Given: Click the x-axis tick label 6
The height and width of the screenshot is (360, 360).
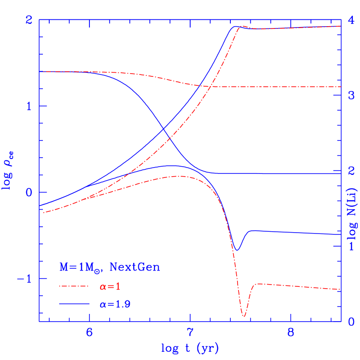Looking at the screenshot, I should click(x=89, y=333).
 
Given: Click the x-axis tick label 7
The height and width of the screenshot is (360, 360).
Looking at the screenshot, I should click(x=190, y=333).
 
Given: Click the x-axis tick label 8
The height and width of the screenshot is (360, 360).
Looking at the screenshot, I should click(x=291, y=333).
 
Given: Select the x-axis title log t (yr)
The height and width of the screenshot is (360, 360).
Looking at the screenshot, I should click(x=190, y=348).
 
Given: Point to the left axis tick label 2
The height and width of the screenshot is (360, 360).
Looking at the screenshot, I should click(x=30, y=20).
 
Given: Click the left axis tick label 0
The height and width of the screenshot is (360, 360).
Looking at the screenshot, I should click(x=30, y=192).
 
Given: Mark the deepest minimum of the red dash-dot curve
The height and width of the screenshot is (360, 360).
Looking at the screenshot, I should click(x=243, y=316).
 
